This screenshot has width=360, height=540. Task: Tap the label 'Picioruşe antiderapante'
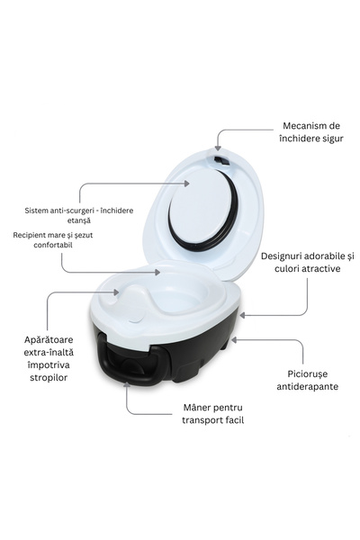tap(307, 379)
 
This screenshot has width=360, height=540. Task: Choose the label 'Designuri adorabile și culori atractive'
tap(307, 263)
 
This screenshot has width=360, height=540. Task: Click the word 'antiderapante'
tap(307, 387)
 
